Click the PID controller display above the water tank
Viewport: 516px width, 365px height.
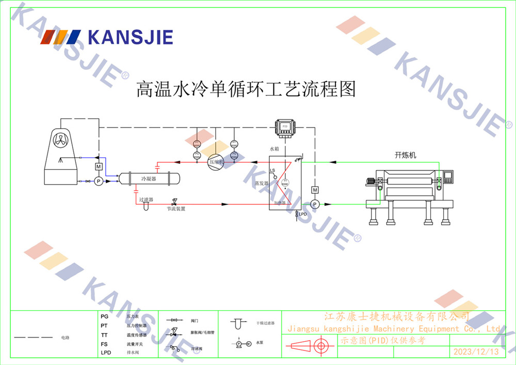tap(284, 127)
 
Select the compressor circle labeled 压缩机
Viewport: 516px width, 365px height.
tap(215, 162)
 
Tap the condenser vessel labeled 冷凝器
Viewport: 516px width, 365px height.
tap(149, 178)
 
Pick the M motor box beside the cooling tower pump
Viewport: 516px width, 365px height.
tap(98, 166)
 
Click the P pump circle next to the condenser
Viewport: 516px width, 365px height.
tap(98, 181)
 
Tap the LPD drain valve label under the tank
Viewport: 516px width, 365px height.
tap(303, 214)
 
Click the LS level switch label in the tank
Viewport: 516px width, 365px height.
tap(272, 171)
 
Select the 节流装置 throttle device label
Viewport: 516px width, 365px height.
tap(176, 209)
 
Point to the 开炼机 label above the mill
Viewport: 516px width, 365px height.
tap(405, 155)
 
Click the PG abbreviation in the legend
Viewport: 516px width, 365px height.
tap(104, 316)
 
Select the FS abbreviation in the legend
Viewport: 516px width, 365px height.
tap(104, 344)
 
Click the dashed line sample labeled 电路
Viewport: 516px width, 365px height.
tap(33, 338)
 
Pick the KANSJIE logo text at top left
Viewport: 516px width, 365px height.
tap(130, 37)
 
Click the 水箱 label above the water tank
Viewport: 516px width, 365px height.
tap(275, 149)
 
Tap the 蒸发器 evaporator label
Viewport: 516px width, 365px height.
tap(262, 184)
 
